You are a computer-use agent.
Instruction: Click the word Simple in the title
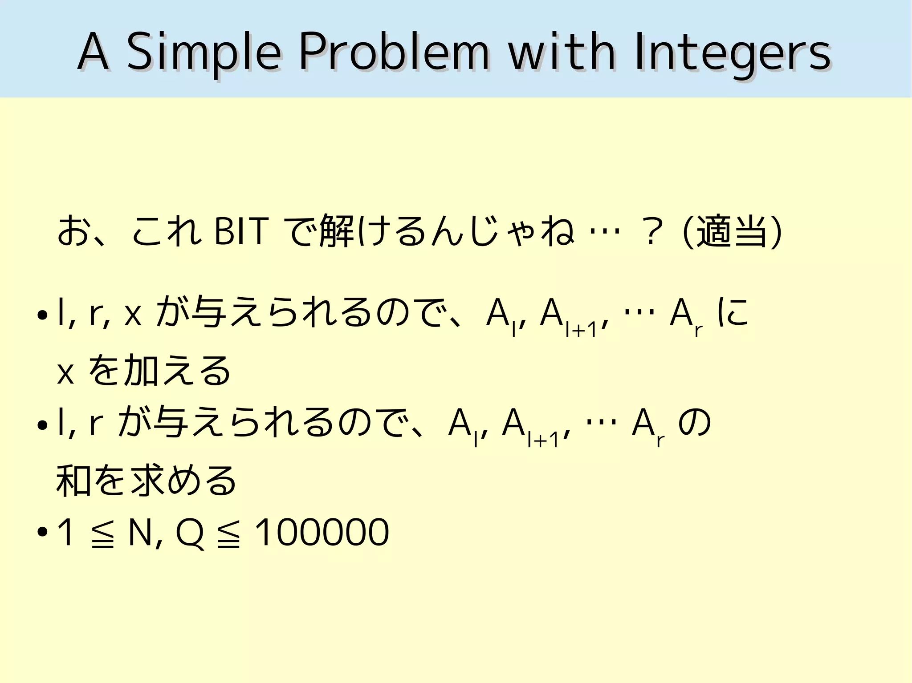click(x=204, y=53)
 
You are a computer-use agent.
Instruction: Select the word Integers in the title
click(x=732, y=53)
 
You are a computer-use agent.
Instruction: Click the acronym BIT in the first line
click(x=241, y=231)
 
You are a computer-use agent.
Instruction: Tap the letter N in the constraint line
click(x=140, y=532)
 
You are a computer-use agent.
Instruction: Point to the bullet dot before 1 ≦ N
click(x=43, y=532)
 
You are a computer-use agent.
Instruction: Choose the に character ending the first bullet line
click(x=733, y=313)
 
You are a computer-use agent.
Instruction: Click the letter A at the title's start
click(x=93, y=53)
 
